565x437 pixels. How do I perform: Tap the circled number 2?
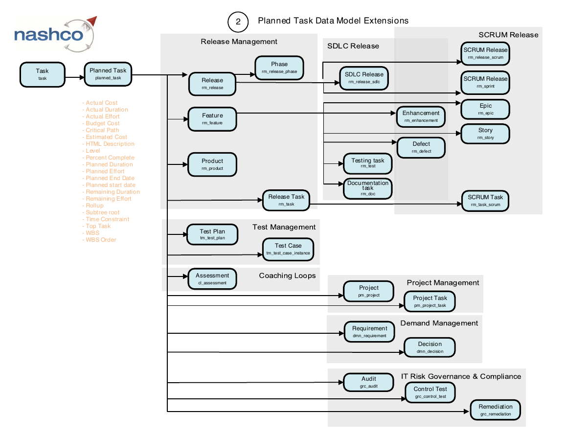[238, 22]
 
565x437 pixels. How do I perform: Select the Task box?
[43, 75]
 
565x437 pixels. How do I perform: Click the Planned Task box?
[108, 74]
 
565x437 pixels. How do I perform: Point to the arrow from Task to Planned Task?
[74, 77]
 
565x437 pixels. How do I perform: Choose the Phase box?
[279, 68]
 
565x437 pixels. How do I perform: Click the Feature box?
[212, 119]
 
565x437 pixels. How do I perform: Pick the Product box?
[212, 164]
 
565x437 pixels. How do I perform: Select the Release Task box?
[286, 201]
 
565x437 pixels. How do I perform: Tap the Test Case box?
[288, 249]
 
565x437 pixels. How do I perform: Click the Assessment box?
[212, 279]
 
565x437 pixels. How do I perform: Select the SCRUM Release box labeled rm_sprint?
[485, 83]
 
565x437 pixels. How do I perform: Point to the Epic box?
[485, 109]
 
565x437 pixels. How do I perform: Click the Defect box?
[421, 147]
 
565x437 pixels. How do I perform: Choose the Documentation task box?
[367, 188]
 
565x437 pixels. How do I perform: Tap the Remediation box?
[496, 410]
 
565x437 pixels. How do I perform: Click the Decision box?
[430, 347]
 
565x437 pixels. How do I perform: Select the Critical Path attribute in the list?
[101, 130]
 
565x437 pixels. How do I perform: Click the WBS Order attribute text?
[99, 240]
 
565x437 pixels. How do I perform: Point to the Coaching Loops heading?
[287, 276]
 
